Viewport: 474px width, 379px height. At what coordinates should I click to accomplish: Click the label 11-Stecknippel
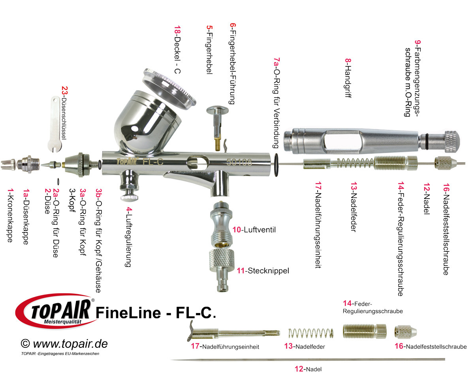click(x=263, y=271)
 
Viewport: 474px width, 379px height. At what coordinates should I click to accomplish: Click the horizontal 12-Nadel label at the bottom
click(x=308, y=369)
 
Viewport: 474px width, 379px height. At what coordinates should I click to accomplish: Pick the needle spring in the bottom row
click(x=310, y=334)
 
